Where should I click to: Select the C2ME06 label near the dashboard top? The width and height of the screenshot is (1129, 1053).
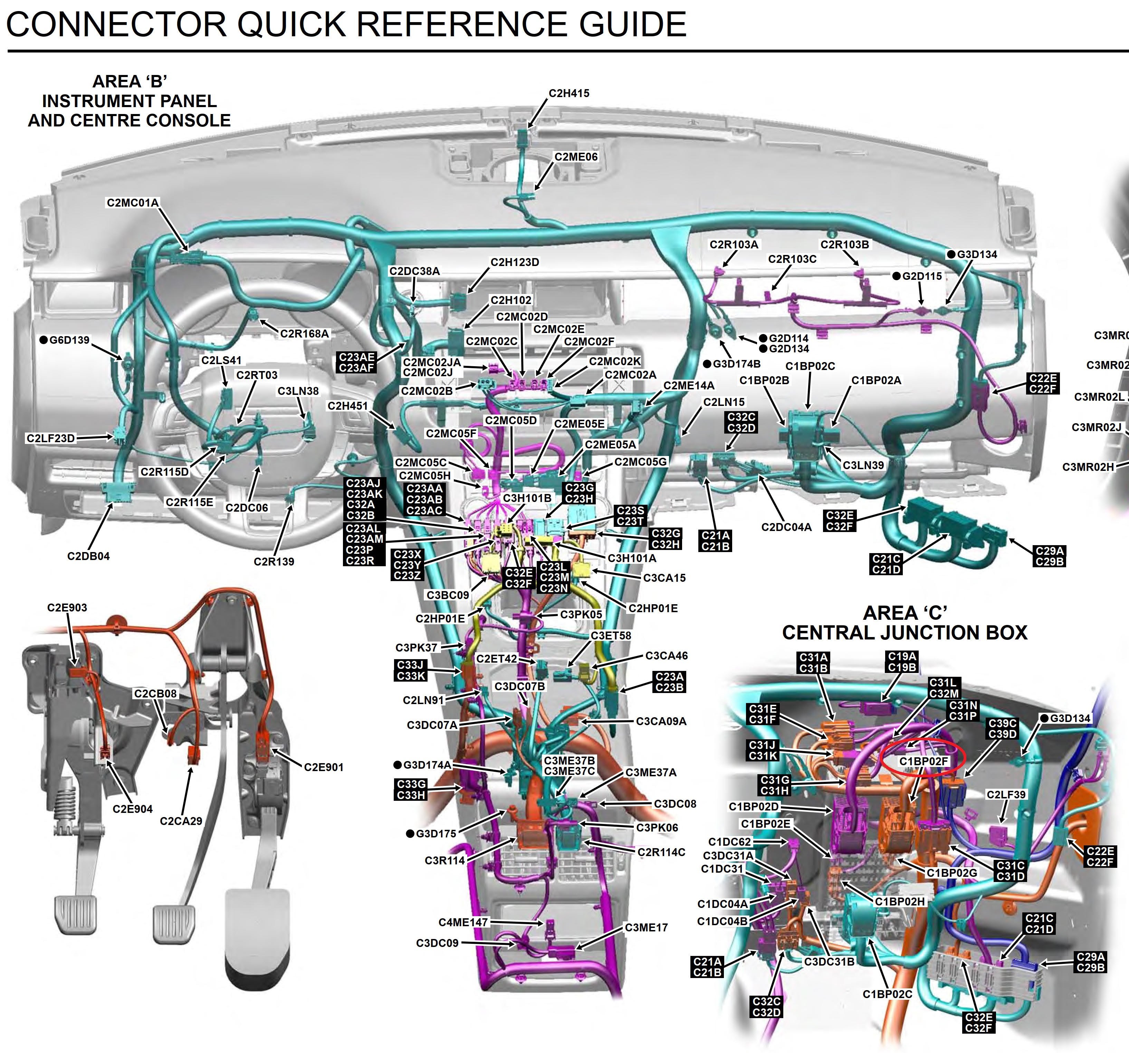coord(576,157)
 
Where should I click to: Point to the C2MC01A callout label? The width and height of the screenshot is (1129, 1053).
coord(133,203)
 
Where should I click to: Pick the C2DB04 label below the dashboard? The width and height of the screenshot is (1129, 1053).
coord(89,556)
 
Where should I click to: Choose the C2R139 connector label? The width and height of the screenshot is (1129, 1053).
coord(274,562)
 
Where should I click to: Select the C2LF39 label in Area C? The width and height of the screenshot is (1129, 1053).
coord(1006,795)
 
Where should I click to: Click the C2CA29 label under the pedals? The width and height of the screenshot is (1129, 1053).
coord(181,821)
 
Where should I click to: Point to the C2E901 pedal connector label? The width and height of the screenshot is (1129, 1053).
coord(324,767)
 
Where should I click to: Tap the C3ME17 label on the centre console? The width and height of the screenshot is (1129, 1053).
coord(646,928)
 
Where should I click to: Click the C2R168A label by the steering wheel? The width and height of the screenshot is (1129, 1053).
coord(304,334)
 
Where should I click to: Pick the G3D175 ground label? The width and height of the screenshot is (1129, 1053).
coord(436,834)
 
